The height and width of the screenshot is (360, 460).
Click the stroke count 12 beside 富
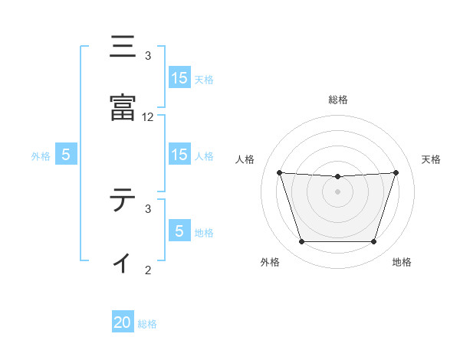point(148,117)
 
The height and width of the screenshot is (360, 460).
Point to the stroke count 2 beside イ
point(148,270)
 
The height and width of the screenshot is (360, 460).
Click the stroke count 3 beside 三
point(148,56)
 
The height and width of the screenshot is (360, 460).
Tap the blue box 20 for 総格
point(123,322)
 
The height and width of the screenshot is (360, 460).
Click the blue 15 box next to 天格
point(179,78)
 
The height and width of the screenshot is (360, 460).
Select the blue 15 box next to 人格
point(179,155)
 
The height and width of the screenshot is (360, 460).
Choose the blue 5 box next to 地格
point(179,231)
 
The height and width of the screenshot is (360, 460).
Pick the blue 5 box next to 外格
point(66,155)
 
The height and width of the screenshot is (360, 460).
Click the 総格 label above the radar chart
point(338,100)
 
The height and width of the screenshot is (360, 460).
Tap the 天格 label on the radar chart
point(431,159)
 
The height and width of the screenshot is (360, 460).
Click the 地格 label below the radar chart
point(402,262)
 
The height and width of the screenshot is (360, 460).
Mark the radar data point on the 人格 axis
point(280,172)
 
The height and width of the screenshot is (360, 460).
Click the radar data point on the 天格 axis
point(396,172)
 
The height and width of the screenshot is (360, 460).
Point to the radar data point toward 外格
point(301,242)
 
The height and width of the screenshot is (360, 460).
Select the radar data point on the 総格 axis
point(338,177)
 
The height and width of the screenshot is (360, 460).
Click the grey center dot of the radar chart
point(338,191)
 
